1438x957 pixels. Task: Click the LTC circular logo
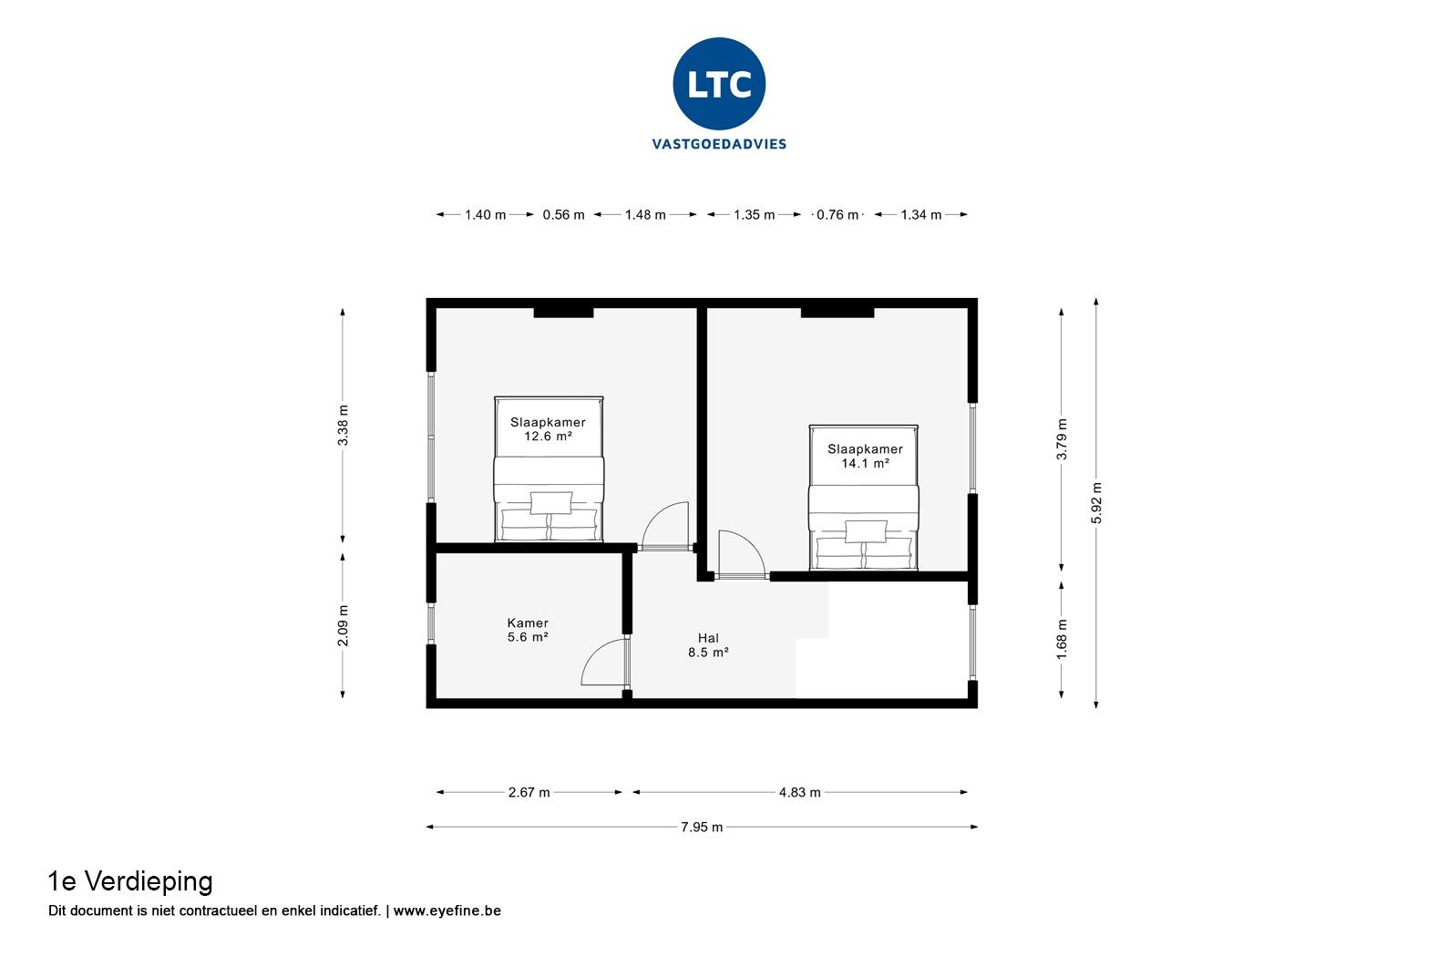[719, 84]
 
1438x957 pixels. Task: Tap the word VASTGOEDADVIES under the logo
[719, 144]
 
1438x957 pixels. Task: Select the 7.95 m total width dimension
[702, 828]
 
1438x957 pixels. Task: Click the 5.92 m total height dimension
[1096, 502]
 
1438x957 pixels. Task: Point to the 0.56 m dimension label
[563, 215]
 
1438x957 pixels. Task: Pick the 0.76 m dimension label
[837, 215]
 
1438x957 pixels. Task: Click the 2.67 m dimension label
[529, 793]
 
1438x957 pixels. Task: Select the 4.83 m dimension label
[799, 793]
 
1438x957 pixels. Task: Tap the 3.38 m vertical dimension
[343, 425]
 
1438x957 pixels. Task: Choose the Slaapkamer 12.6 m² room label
[548, 429]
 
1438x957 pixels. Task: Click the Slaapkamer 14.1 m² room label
[865, 456]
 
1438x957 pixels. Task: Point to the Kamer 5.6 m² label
[528, 630]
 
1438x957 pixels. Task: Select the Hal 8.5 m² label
[708, 644]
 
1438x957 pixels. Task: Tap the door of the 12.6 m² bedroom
[665, 527]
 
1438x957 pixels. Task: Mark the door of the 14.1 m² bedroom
[739, 554]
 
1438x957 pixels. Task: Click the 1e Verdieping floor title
[130, 881]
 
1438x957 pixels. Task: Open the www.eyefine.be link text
[447, 911]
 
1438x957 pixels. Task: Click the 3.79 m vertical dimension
[1062, 439]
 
